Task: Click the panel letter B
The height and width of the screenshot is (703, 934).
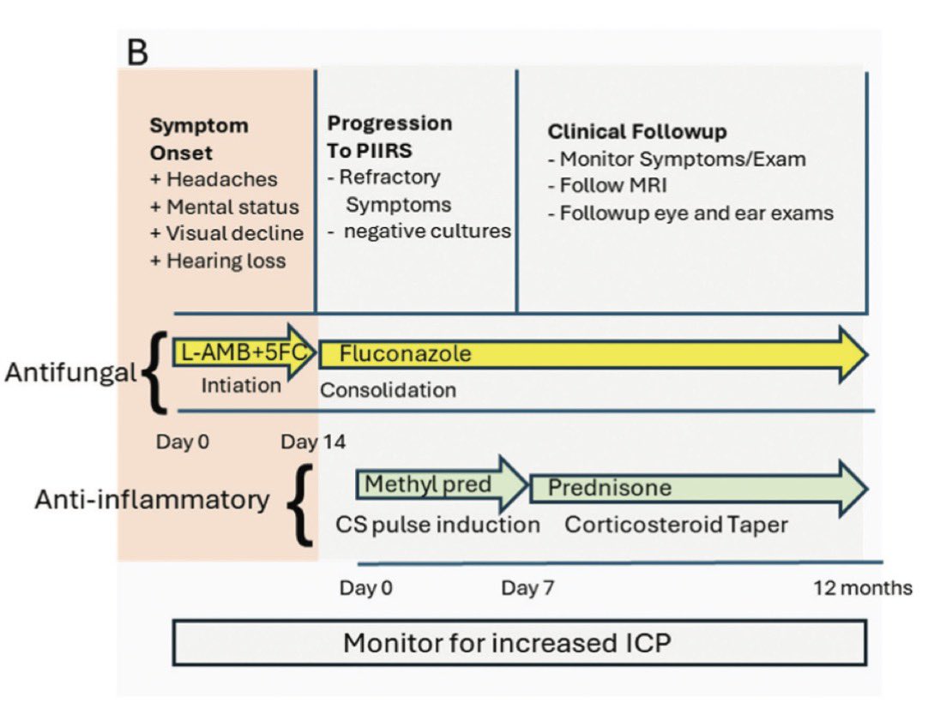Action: tap(137, 51)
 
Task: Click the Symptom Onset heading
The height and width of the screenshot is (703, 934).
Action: tap(199, 138)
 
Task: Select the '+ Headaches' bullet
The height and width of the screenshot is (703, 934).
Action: tap(214, 179)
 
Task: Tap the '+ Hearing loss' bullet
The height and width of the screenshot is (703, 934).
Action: tap(218, 261)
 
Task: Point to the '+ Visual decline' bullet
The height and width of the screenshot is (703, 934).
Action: tap(226, 233)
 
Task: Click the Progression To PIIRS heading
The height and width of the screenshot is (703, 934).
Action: tap(389, 135)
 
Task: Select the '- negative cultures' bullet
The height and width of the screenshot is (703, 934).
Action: tap(419, 231)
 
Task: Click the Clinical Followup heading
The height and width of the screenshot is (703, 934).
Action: tap(637, 131)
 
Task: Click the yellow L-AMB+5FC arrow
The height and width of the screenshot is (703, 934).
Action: tap(244, 352)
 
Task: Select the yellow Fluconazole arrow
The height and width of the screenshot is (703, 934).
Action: tap(592, 353)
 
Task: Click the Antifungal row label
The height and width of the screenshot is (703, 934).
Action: tap(70, 372)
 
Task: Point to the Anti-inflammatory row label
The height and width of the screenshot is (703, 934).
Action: tap(152, 500)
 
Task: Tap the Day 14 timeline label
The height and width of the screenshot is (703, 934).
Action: tap(313, 442)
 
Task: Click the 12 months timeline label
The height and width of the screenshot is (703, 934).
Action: tap(863, 588)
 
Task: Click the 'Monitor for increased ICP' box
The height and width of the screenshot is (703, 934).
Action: tap(519, 643)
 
